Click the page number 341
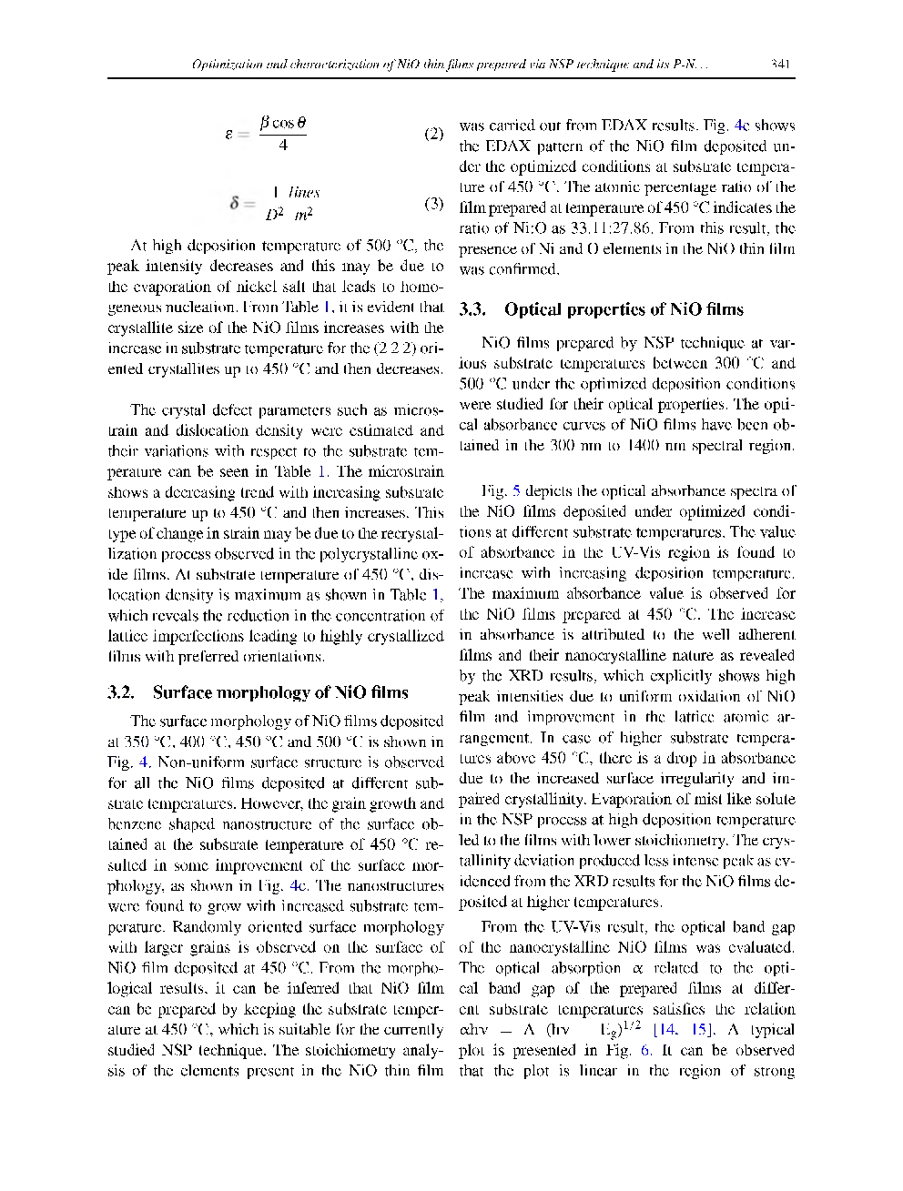pyautogui.click(x=778, y=65)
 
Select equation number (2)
pyautogui.click(x=434, y=134)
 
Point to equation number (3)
pyautogui.click(x=434, y=203)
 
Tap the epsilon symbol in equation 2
pyautogui.click(x=230, y=134)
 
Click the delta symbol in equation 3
pyautogui.click(x=235, y=203)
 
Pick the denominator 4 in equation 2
pyautogui.click(x=283, y=145)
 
